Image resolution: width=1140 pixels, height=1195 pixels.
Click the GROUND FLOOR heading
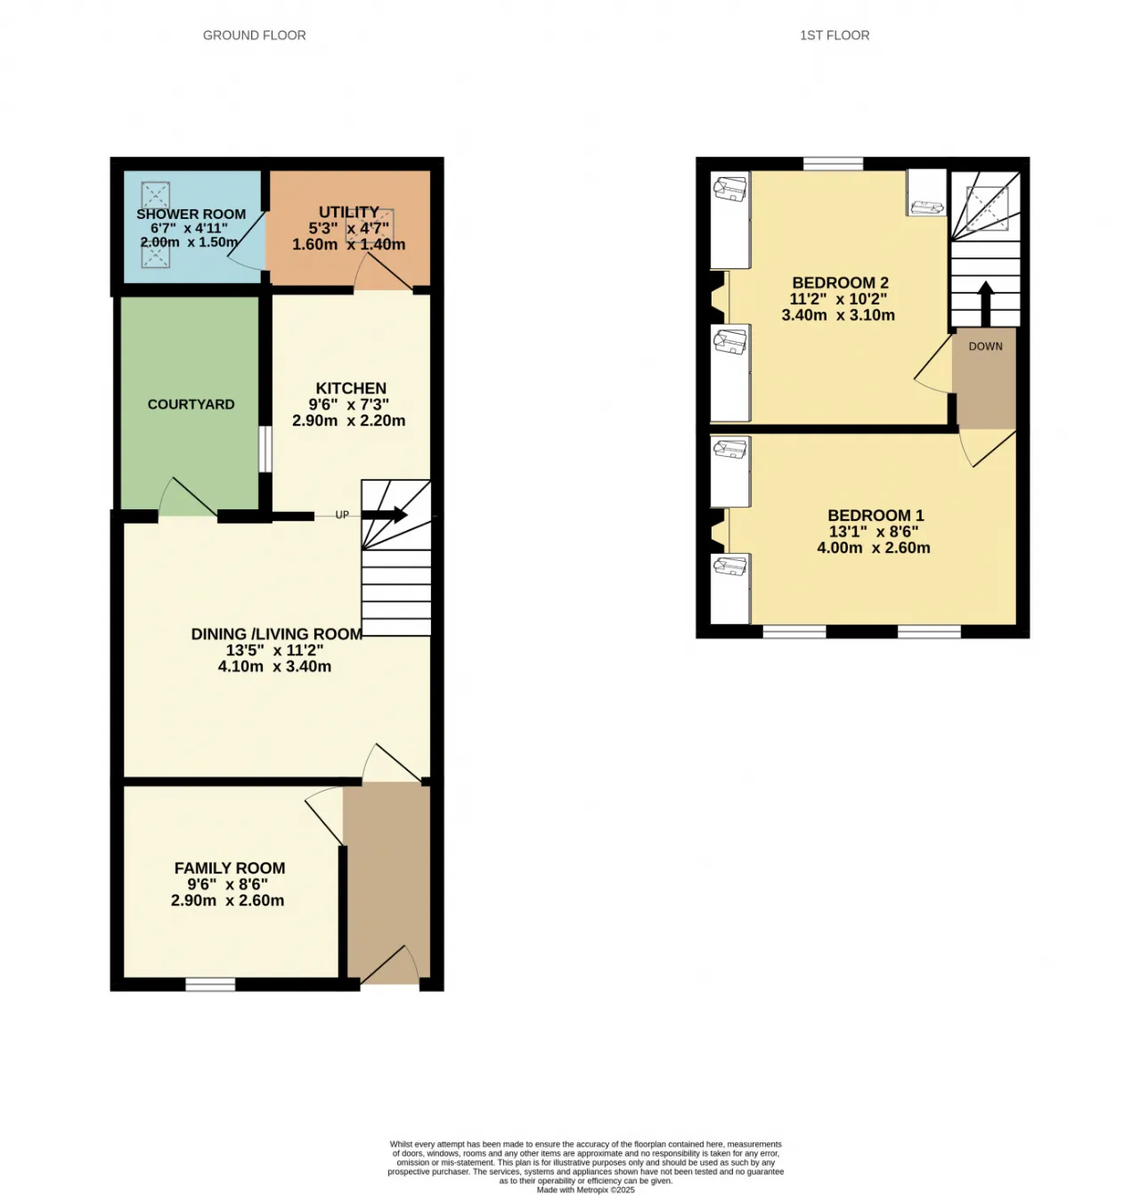(254, 36)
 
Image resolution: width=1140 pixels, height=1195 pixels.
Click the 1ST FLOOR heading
(835, 36)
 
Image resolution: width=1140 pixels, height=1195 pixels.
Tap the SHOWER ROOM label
(191, 214)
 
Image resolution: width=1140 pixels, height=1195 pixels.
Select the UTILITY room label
(349, 212)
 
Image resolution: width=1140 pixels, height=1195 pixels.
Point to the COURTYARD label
(191, 404)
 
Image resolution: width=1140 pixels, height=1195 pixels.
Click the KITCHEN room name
(351, 388)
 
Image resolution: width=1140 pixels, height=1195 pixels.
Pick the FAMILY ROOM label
(230, 868)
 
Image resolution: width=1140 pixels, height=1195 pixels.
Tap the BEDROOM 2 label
(840, 282)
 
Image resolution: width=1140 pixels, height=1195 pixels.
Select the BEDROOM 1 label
(875, 516)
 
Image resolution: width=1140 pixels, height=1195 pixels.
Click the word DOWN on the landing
(986, 345)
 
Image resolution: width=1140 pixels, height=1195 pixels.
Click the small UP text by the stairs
(342, 515)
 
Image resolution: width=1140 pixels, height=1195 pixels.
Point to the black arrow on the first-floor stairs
(986, 304)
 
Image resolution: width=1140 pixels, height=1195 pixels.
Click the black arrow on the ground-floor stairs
(384, 515)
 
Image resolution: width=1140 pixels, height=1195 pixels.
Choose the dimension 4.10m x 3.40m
(275, 666)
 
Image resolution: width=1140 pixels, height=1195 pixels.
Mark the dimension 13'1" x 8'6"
(874, 532)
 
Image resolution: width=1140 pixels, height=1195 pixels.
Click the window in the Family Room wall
(210, 984)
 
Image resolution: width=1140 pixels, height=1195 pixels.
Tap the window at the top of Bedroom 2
(833, 164)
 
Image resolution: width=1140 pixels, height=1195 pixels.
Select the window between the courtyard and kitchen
(265, 449)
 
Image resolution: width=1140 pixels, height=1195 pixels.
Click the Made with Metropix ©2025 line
(585, 1190)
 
